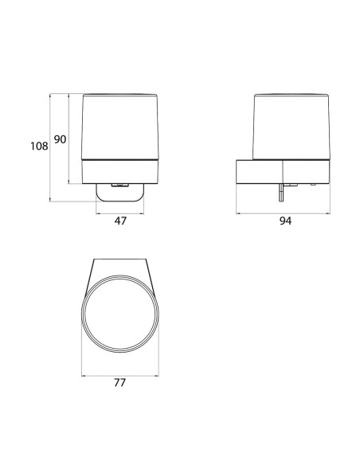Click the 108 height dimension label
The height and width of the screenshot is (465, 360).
point(39,146)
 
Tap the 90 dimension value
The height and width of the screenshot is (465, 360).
point(60,139)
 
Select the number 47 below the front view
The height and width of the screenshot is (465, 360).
point(120,221)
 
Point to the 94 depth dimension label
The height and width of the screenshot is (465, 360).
point(285,221)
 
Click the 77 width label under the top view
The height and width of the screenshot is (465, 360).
point(119,382)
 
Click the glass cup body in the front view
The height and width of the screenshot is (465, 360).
point(120,127)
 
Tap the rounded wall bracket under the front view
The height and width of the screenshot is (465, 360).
point(119,193)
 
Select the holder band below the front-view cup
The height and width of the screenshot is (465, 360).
point(120,172)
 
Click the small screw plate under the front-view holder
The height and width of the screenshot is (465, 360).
point(119,185)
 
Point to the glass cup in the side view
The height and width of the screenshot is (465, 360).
point(291,127)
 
